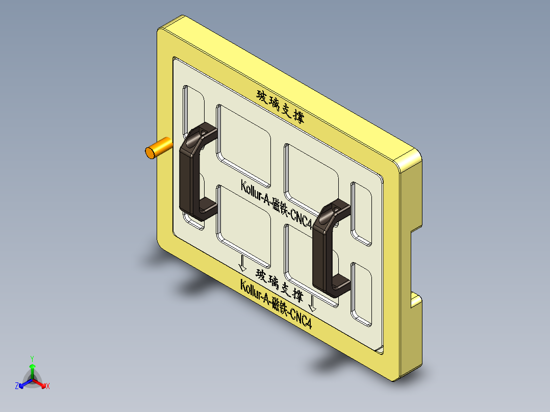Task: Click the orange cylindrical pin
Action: point(158,148)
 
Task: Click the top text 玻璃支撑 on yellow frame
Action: point(281,107)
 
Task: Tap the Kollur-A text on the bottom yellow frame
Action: point(276,304)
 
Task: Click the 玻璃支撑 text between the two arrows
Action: point(280,286)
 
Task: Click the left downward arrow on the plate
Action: point(242,263)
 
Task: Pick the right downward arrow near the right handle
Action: point(312,304)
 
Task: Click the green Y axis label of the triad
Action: point(32,358)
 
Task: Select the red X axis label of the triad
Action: point(48,387)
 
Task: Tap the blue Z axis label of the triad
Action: point(17,386)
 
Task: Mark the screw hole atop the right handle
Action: point(335,209)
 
